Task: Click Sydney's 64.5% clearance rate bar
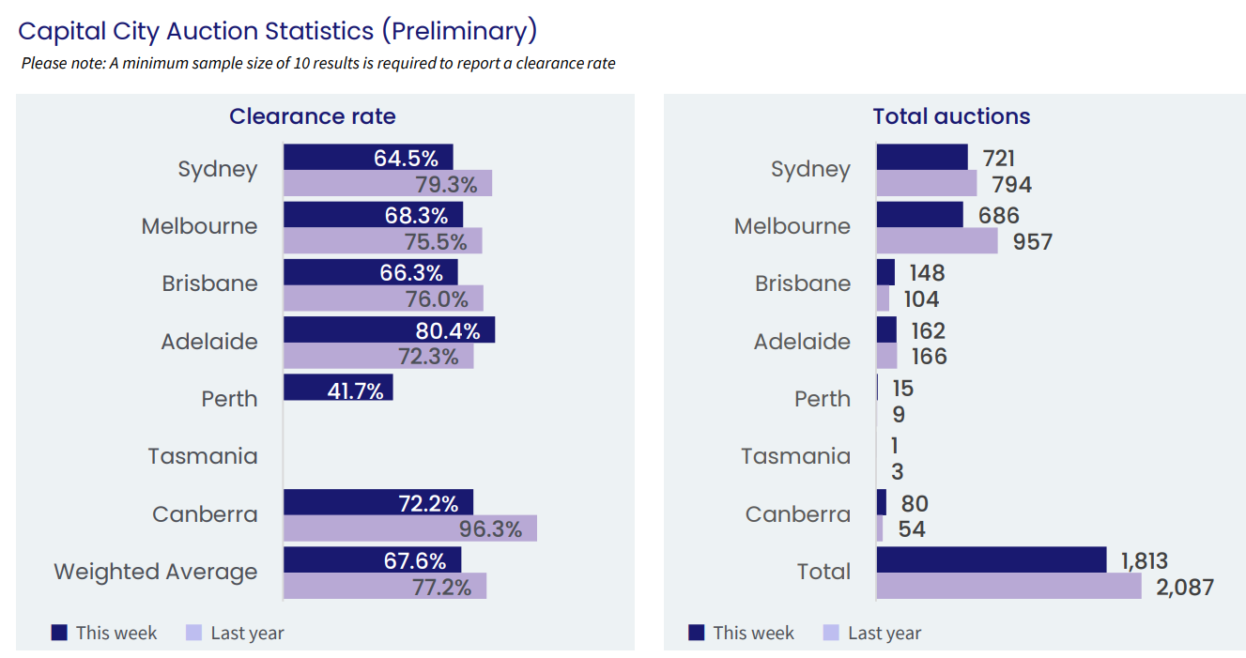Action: coord(368,157)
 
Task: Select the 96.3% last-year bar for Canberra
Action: coord(410,528)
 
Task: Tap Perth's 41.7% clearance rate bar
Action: coord(338,387)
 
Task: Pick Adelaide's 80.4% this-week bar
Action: coord(390,329)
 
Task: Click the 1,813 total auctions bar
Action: coord(992,559)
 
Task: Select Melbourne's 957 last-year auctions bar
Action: coord(937,241)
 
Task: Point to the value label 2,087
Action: coord(1185,588)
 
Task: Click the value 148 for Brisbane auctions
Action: coord(927,273)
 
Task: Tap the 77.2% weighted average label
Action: coord(441,588)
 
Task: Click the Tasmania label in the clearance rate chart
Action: coord(203,456)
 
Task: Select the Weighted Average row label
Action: coord(156,572)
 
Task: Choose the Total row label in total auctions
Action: coord(823,572)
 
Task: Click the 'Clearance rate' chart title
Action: coord(313,116)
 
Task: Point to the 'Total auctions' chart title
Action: coord(951,116)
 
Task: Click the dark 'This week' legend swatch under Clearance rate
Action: coord(59,633)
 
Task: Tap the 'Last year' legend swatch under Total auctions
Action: coord(831,633)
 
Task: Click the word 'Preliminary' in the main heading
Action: coord(459,31)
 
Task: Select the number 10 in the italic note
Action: coord(300,64)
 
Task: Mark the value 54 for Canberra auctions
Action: coord(912,529)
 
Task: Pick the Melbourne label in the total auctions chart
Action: coord(792,226)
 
